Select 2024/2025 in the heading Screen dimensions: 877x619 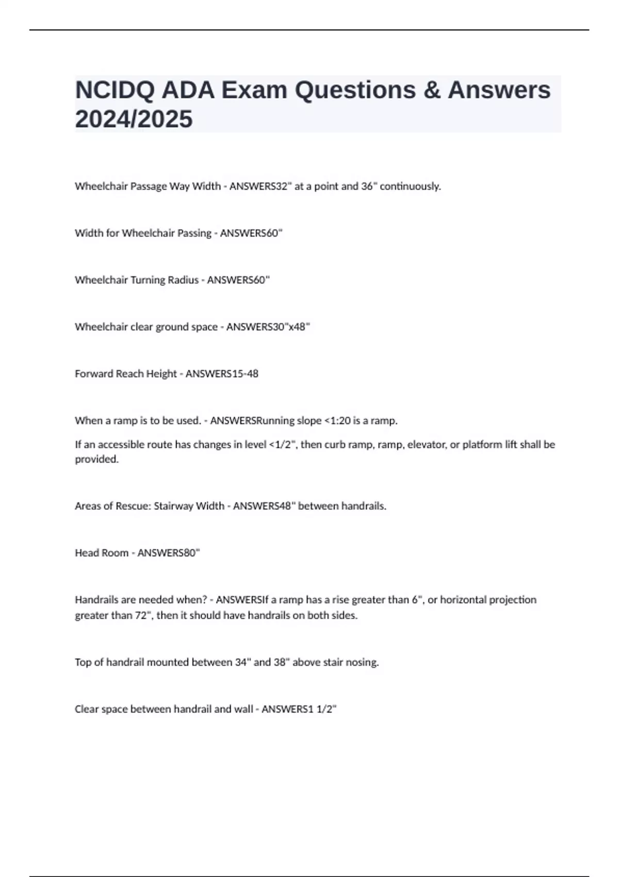coord(134,119)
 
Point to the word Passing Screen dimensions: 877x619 coord(194,233)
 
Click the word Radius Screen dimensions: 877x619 coord(183,280)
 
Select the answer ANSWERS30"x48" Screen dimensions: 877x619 coord(268,327)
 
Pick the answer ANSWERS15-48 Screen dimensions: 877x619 coord(222,374)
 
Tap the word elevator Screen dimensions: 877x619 coord(426,445)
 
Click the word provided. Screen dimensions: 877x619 coord(96,459)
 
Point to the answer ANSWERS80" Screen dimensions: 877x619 coord(169,553)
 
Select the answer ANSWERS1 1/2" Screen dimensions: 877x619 coord(299,709)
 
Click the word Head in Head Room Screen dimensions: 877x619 coord(86,553)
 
